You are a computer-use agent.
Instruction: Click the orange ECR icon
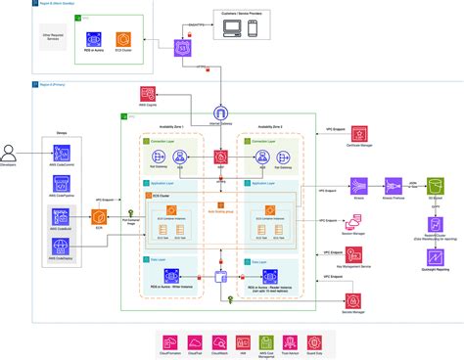(x=96, y=218)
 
